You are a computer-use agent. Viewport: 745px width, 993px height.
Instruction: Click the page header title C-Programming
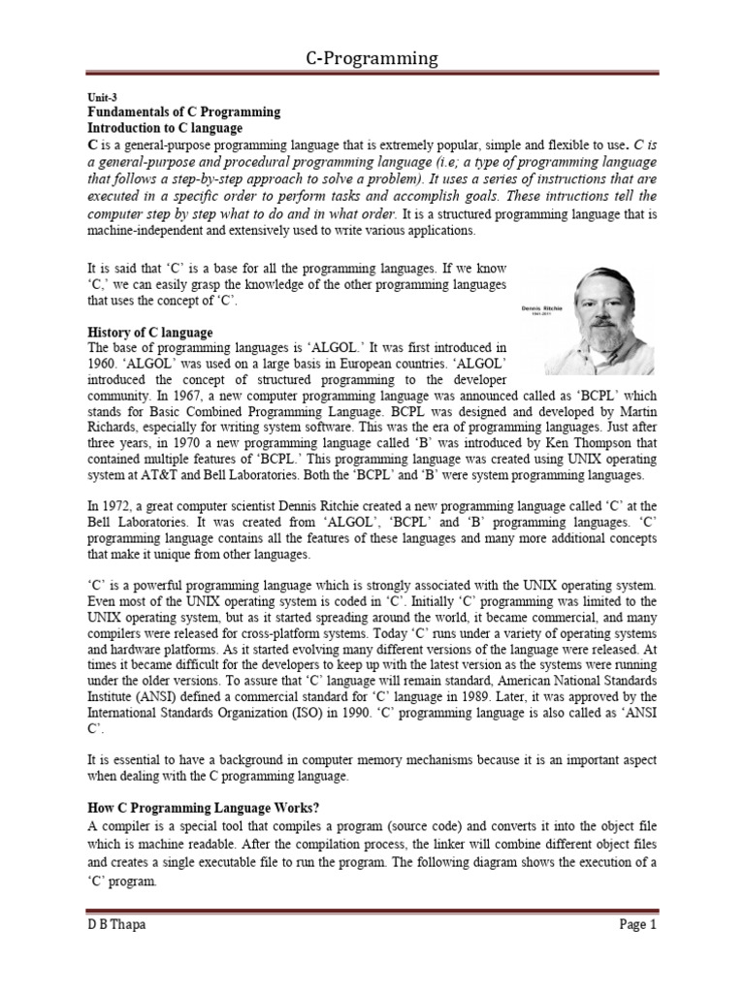(x=372, y=59)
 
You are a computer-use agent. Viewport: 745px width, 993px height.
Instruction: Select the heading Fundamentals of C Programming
(x=183, y=112)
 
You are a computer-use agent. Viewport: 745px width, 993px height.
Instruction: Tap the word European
(x=347, y=363)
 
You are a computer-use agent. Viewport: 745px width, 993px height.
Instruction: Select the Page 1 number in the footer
(x=638, y=924)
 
